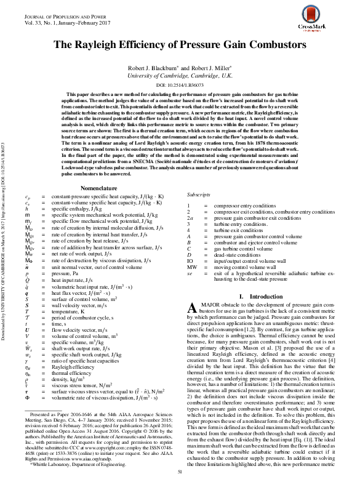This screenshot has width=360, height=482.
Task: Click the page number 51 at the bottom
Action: (180, 471)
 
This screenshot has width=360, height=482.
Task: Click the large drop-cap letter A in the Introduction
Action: (193, 308)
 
